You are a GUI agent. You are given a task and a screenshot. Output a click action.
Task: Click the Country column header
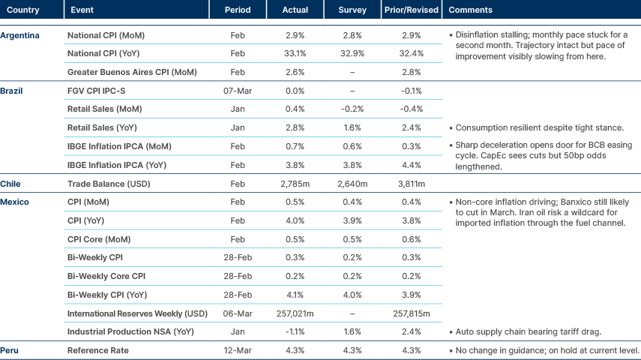click(23, 10)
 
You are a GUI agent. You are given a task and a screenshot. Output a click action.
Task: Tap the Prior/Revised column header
click(410, 10)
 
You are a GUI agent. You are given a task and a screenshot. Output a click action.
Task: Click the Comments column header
click(470, 10)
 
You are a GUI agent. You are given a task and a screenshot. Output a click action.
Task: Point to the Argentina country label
click(20, 35)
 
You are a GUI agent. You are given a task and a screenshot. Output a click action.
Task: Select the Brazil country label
click(12, 91)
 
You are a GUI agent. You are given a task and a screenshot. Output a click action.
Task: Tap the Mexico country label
click(14, 202)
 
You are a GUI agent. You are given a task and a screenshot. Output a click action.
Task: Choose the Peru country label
click(10, 350)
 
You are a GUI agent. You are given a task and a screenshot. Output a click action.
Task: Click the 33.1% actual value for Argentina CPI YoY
click(295, 54)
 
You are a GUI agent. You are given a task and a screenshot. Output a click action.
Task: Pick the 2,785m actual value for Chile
click(295, 183)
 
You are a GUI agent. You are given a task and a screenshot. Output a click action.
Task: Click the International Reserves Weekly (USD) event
click(137, 313)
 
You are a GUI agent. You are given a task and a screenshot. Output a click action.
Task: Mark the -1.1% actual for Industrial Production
click(295, 331)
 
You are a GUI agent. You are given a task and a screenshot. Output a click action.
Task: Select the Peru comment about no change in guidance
click(544, 350)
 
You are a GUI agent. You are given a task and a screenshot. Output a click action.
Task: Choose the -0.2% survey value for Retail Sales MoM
click(352, 109)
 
